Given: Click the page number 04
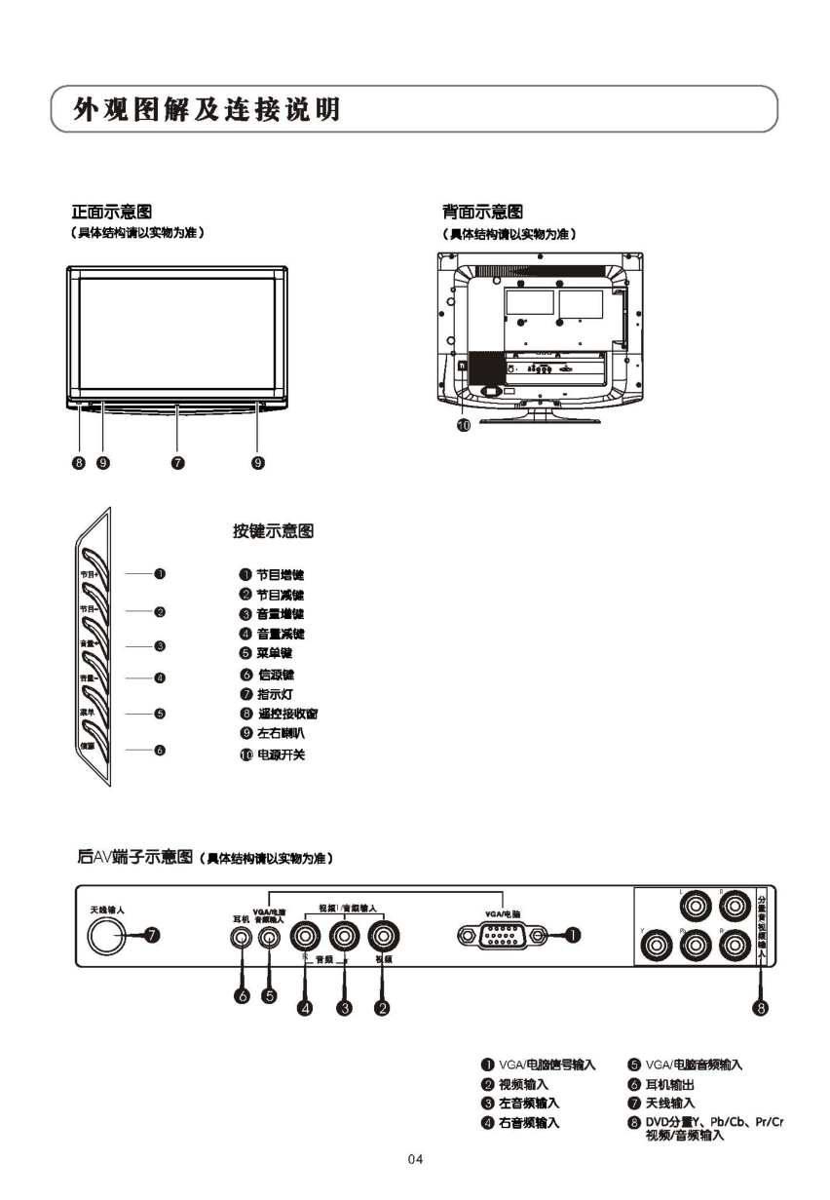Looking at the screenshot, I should click(x=415, y=1158).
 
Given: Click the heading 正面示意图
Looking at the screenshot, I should click(x=111, y=211).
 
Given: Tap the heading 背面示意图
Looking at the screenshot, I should click(x=482, y=211).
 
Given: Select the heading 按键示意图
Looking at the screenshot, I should click(x=272, y=531).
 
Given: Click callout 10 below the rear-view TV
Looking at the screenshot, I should click(x=464, y=425).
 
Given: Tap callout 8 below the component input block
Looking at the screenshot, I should click(x=762, y=1008).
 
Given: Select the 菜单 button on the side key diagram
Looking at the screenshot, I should click(x=94, y=713).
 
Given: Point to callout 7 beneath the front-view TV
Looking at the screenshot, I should click(x=177, y=462).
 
